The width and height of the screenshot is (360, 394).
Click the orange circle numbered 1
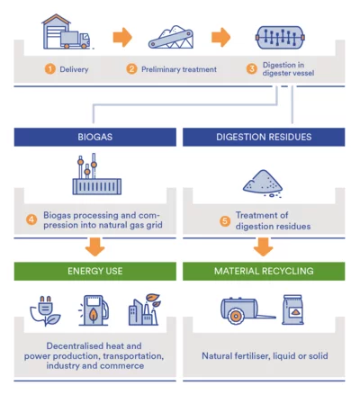click(x=50, y=69)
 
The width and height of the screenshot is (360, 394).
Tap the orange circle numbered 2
click(x=131, y=69)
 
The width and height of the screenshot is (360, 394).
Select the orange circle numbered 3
click(x=252, y=69)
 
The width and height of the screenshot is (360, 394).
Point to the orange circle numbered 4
click(x=31, y=219)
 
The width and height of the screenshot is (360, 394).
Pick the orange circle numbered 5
click(x=225, y=221)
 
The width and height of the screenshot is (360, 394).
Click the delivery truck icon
click(x=75, y=40)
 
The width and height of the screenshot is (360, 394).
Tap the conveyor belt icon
click(x=171, y=38)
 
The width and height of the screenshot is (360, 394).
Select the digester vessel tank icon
click(x=280, y=38)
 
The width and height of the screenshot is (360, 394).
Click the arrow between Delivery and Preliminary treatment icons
click(x=122, y=38)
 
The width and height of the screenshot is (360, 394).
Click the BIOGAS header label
click(x=95, y=137)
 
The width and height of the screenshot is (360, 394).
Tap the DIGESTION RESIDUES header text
click(x=264, y=137)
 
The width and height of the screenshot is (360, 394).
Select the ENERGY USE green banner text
click(x=95, y=271)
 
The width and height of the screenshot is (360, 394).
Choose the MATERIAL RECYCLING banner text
click(x=264, y=271)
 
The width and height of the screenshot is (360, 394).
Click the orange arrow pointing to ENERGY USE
click(x=94, y=246)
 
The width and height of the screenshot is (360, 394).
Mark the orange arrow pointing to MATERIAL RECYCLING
click(x=264, y=246)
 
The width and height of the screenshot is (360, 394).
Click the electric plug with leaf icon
click(x=45, y=310)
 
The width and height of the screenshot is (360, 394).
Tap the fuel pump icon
click(x=94, y=310)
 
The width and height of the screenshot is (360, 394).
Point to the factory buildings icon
click(x=145, y=309)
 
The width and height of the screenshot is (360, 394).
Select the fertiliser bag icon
click(x=292, y=309)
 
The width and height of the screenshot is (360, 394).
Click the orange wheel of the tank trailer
click(x=236, y=317)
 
